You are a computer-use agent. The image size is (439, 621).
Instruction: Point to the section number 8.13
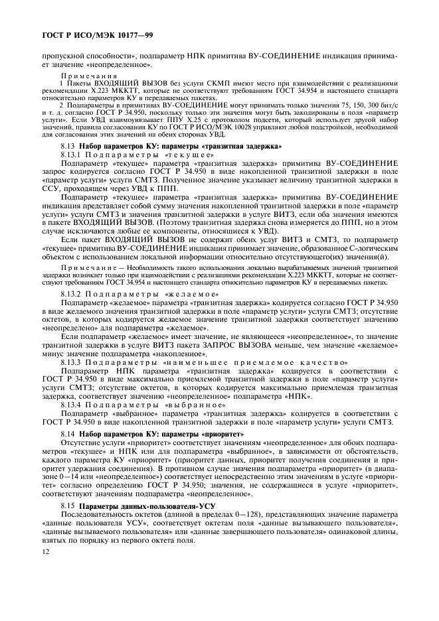tap(68, 145)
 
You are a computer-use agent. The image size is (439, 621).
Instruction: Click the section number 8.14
tap(68, 434)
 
